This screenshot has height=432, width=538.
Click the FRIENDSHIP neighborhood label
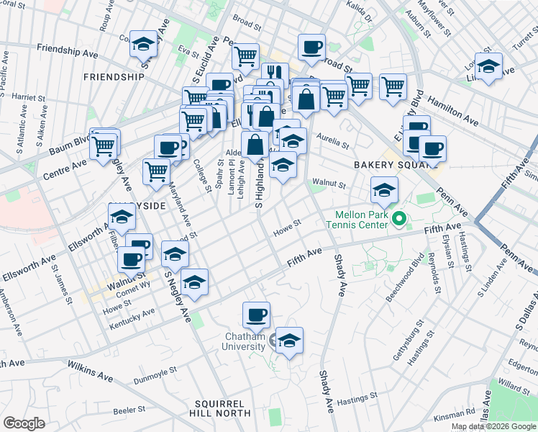pos(114,76)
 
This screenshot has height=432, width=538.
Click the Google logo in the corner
pos(24,423)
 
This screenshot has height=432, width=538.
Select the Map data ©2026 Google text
pos(493,426)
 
